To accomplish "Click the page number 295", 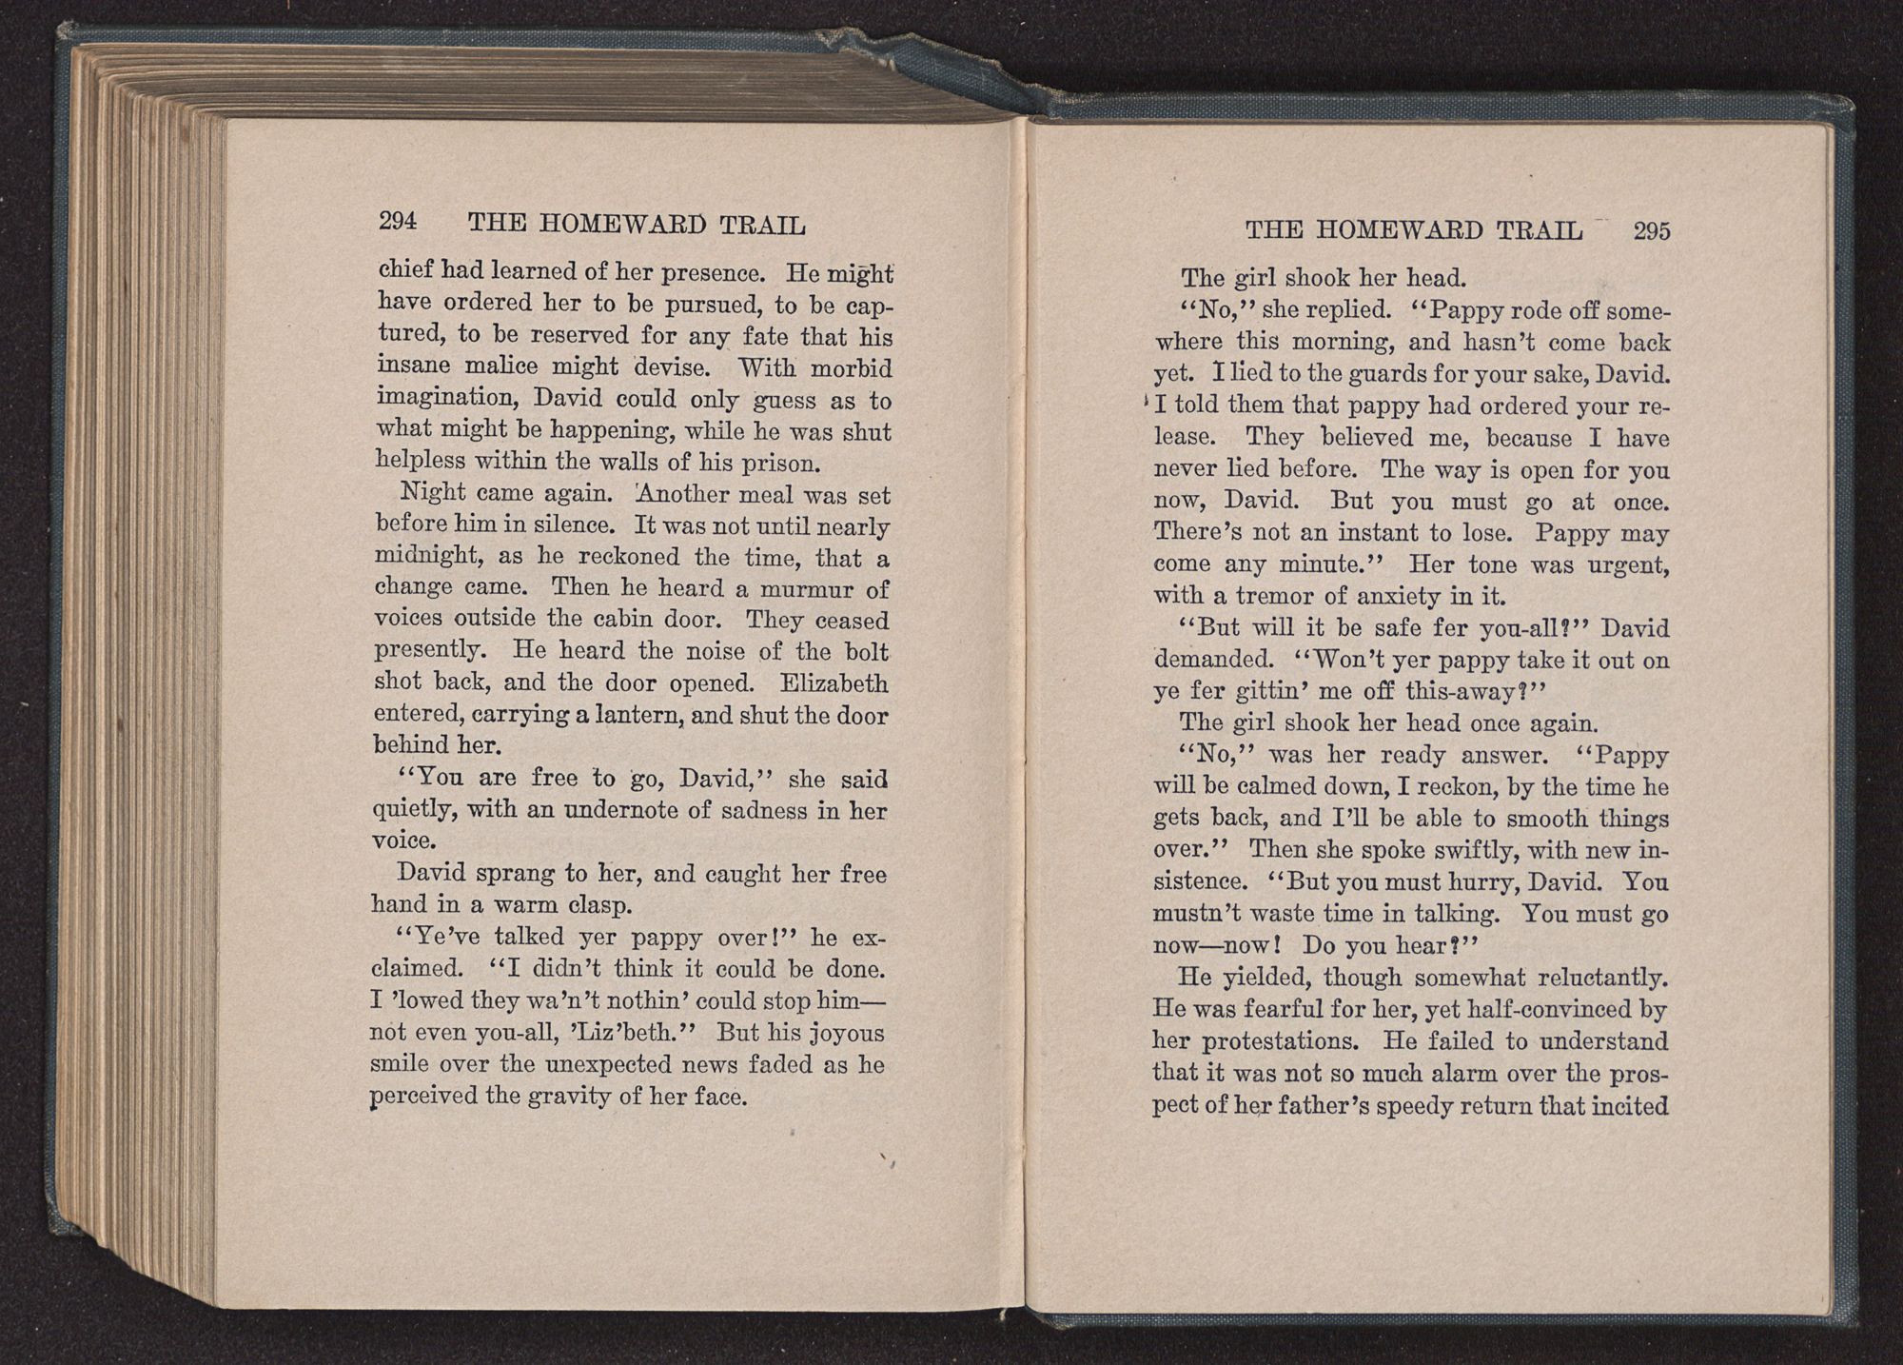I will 1651,231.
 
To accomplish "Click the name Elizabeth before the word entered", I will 834,683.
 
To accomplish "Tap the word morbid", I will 848,367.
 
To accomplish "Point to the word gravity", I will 566,1096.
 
